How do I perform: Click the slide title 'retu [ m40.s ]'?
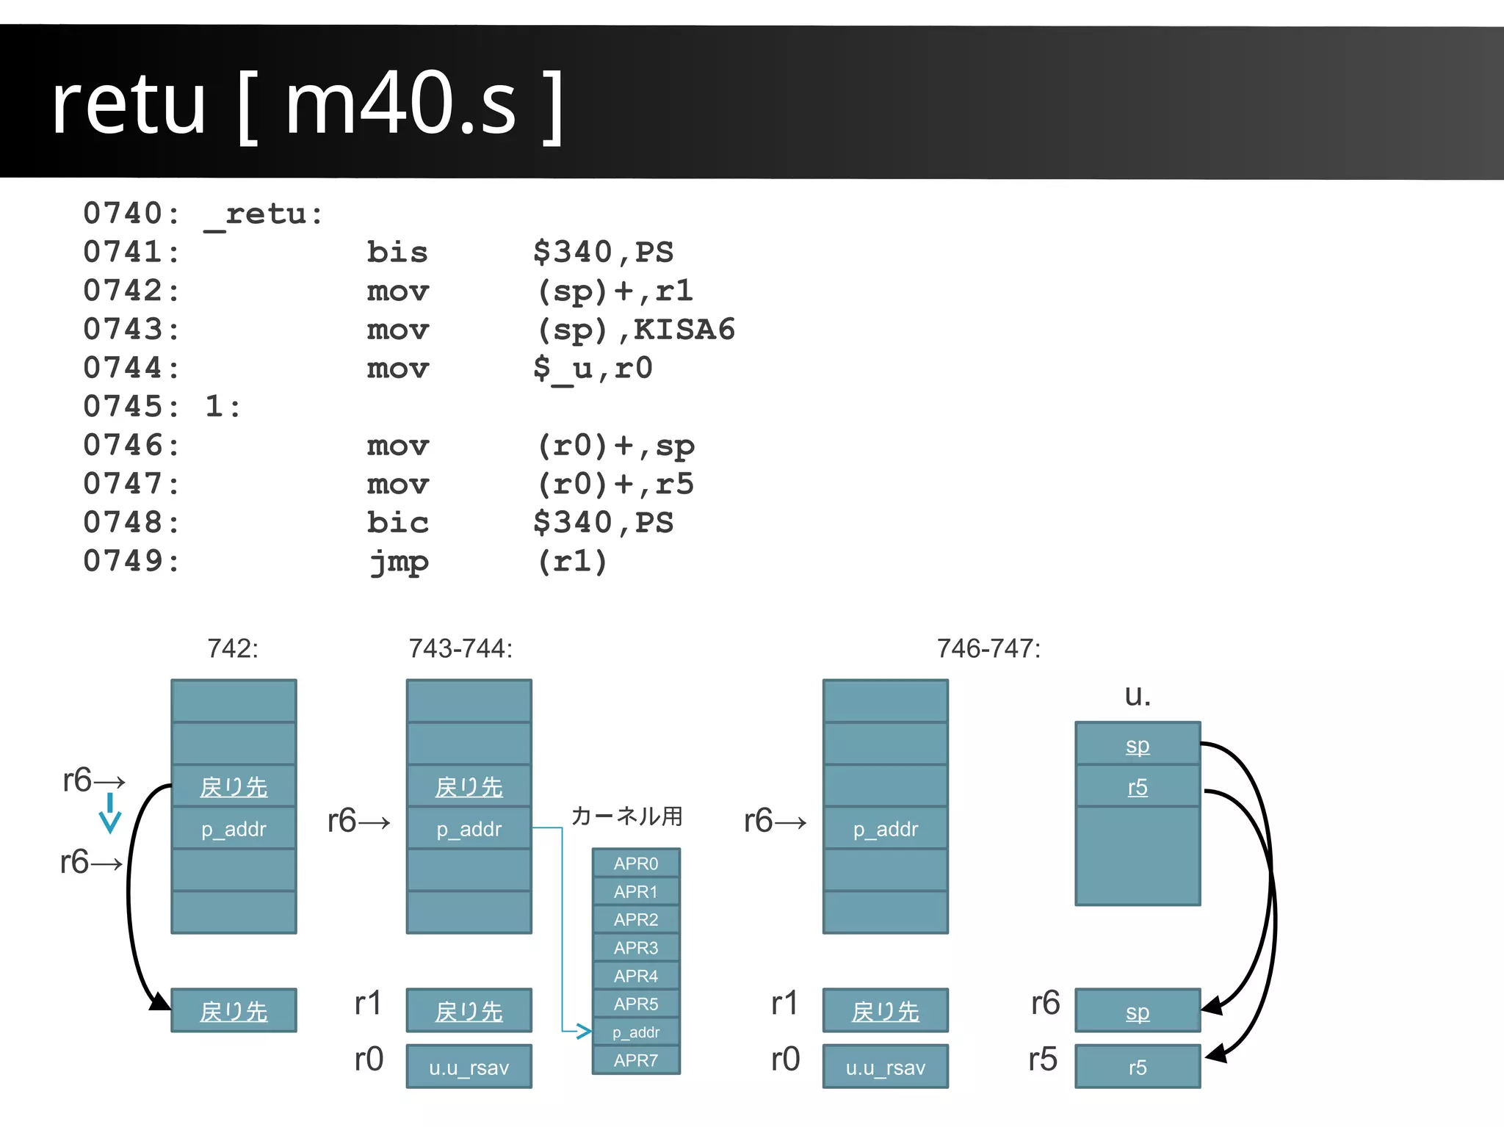pyautogui.click(x=307, y=104)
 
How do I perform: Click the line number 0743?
pyautogui.click(x=131, y=330)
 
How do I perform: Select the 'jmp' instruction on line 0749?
pyautogui.click(x=399, y=562)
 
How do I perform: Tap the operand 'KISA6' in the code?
pyautogui.click(x=684, y=330)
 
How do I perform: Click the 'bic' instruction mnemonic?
pyautogui.click(x=397, y=523)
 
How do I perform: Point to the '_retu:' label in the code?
pyautogui.click(x=264, y=214)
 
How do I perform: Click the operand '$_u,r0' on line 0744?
pyautogui.click(x=593, y=368)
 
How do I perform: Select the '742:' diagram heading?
pyautogui.click(x=233, y=648)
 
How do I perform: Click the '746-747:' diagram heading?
pyautogui.click(x=988, y=648)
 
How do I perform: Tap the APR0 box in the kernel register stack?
pyautogui.click(x=636, y=863)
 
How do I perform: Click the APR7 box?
pyautogui.click(x=636, y=1060)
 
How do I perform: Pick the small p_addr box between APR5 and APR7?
pyautogui.click(x=636, y=1032)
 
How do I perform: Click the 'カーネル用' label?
pyautogui.click(x=626, y=816)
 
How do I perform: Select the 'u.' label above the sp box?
pyautogui.click(x=1137, y=695)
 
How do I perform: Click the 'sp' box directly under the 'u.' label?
pyautogui.click(x=1137, y=744)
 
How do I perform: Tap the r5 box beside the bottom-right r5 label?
pyautogui.click(x=1137, y=1067)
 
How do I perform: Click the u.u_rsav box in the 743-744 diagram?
pyautogui.click(x=469, y=1067)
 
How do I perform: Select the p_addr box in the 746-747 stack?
pyautogui.click(x=885, y=829)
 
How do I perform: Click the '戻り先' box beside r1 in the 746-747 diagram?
pyautogui.click(x=885, y=1011)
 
